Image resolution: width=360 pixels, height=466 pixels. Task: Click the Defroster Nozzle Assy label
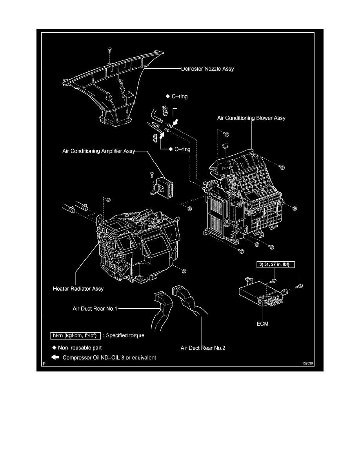tap(207, 69)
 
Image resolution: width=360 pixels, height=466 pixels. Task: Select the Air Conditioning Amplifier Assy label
tap(98, 150)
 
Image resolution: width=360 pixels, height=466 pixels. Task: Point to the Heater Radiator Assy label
tap(78, 289)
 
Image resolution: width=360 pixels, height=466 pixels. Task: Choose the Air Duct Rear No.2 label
tap(203, 348)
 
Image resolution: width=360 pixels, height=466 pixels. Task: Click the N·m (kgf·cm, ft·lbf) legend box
tap(73, 336)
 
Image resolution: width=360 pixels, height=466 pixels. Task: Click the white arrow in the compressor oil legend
tap(55, 357)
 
